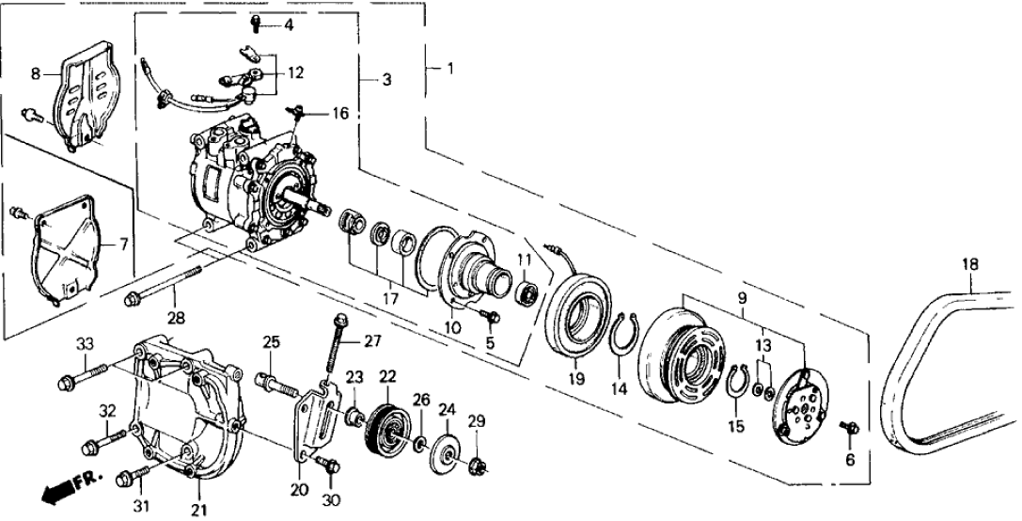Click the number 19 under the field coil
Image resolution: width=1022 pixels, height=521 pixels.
pyautogui.click(x=575, y=379)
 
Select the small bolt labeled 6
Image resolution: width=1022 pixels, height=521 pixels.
pyautogui.click(x=851, y=428)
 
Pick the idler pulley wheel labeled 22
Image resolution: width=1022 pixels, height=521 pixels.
pyautogui.click(x=385, y=433)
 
